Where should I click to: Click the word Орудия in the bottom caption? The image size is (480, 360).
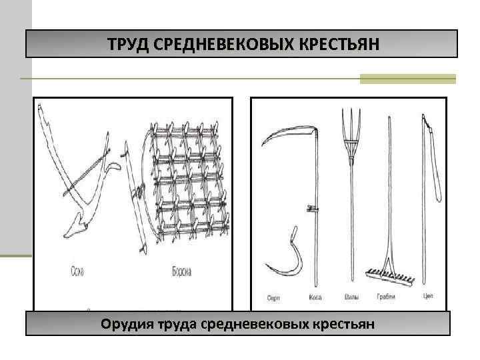[126, 325]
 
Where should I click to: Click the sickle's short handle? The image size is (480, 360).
[291, 236]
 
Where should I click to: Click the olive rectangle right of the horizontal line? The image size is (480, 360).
[407, 79]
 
